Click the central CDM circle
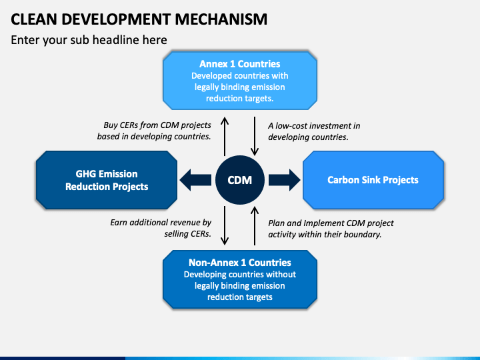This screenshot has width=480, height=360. pos(240,180)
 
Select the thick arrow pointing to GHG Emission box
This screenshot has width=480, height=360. pos(195,180)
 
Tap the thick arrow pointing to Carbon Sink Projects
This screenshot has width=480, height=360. pos(285,180)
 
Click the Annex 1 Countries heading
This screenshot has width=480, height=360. pos(240,64)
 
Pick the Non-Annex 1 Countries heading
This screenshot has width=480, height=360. pos(240,263)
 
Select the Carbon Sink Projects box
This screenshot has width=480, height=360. pos(373,180)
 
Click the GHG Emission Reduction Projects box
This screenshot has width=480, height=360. pos(107,180)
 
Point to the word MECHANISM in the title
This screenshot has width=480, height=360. pos(221,19)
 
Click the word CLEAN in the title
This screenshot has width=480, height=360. pos(34,19)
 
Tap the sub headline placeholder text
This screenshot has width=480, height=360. pos(89,40)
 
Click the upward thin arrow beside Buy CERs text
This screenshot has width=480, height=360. pos(225,137)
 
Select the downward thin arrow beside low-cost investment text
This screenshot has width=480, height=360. pos(255,136)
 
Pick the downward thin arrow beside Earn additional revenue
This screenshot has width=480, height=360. pos(225,225)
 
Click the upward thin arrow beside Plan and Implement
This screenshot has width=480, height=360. pos(255,226)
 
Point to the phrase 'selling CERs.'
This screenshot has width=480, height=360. pos(187,234)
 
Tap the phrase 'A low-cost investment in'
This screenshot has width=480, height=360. pos(314,126)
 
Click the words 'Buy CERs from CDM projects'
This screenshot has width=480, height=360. pos(157,125)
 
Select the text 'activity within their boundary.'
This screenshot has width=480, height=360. pos(325,235)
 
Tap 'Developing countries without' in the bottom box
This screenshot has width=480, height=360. pos(240,274)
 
